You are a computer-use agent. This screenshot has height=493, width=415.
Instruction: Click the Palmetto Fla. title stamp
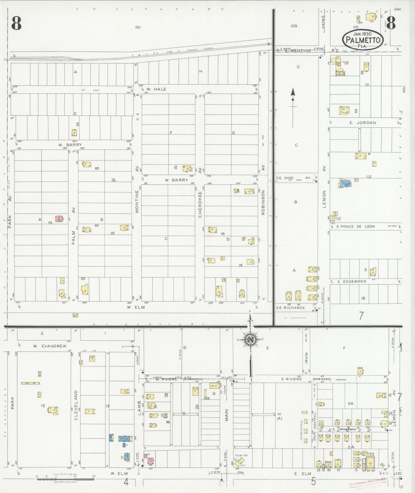coord(362,39)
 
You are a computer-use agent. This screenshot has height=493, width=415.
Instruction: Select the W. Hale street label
coord(156,89)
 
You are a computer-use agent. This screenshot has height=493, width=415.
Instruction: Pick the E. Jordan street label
coord(363,123)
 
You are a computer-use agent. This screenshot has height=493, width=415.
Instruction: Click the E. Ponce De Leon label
coord(356,226)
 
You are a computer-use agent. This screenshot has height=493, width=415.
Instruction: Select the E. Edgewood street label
coord(352,281)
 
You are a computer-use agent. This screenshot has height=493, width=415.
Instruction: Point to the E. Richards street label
coord(292,308)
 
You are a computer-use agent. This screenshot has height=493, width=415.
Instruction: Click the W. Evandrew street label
coord(50,346)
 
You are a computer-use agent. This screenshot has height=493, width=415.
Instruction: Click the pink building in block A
coord(59,219)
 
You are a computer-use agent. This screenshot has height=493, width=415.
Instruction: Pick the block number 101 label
coord(138,27)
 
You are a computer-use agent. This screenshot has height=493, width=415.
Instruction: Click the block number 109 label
coord(294,26)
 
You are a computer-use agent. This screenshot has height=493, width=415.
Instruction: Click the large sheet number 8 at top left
coord(16,23)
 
